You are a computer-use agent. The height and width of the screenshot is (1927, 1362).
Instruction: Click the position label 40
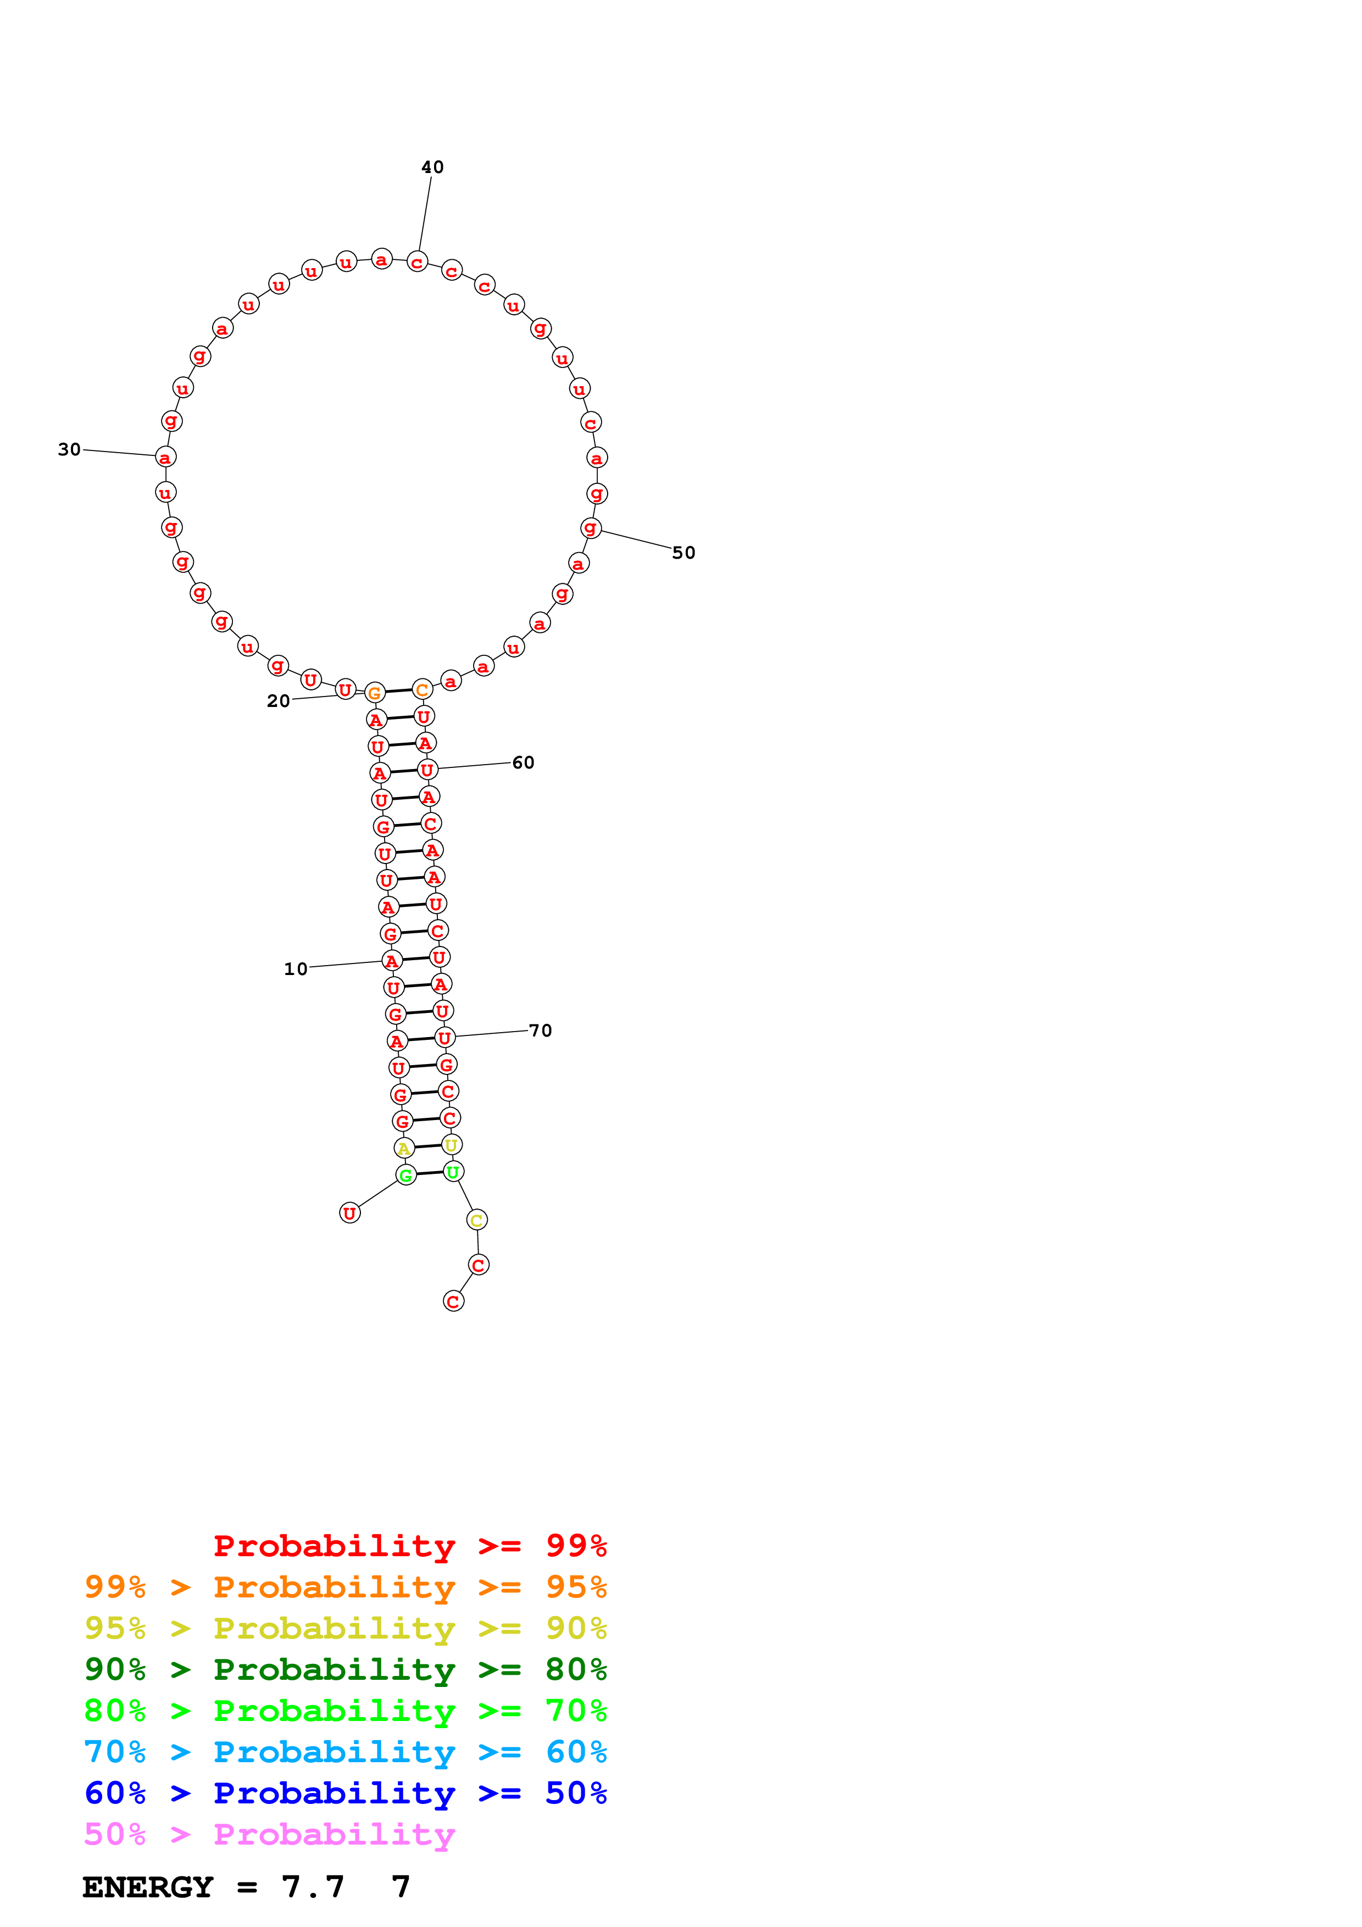pos(432,167)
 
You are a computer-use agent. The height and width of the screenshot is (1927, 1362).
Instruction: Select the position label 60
pos(523,762)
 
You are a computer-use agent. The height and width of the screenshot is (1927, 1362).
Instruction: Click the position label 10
pos(296,968)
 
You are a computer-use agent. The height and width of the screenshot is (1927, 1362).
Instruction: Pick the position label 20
pos(278,701)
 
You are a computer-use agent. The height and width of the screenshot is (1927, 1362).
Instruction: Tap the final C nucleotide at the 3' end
pos(453,1301)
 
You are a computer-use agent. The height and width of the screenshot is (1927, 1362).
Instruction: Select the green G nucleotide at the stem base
pos(406,1175)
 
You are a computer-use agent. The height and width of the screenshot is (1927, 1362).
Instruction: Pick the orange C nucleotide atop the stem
pos(422,690)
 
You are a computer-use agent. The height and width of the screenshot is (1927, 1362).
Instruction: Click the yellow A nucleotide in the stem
pos(404,1148)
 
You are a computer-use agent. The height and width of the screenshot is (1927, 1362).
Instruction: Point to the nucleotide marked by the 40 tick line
pos(417,262)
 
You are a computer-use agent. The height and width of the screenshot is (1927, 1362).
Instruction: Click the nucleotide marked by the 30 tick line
pos(165,458)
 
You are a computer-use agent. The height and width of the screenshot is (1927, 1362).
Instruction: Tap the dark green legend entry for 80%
pos(345,1669)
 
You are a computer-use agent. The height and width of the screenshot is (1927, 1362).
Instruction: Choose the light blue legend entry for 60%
pos(345,1752)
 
